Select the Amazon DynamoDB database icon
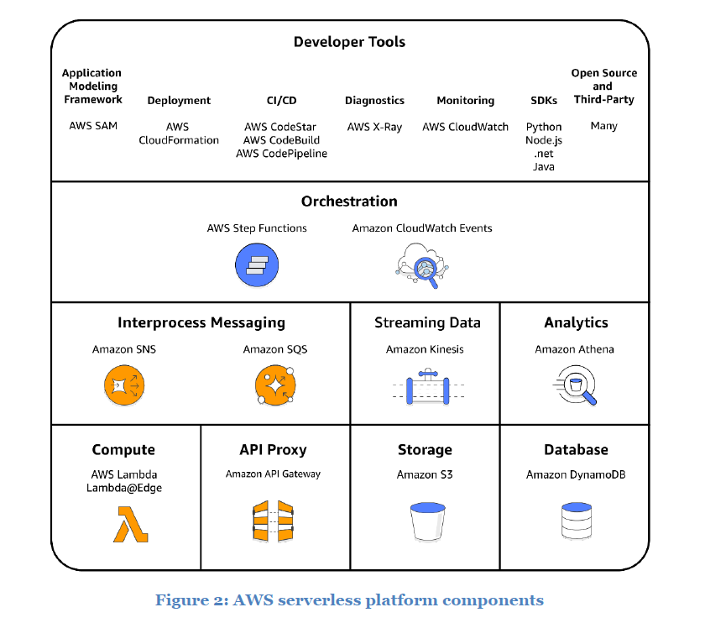point(576,521)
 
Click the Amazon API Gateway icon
point(274,522)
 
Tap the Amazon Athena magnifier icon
point(577,386)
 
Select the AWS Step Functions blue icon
point(256,265)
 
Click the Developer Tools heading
point(349,42)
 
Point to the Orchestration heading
point(349,202)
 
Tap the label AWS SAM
point(92,126)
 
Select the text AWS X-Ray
point(374,127)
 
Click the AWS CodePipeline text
point(281,154)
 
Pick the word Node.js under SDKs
point(544,140)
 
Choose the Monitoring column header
point(466,101)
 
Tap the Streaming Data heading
point(427,322)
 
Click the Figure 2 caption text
point(349,600)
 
